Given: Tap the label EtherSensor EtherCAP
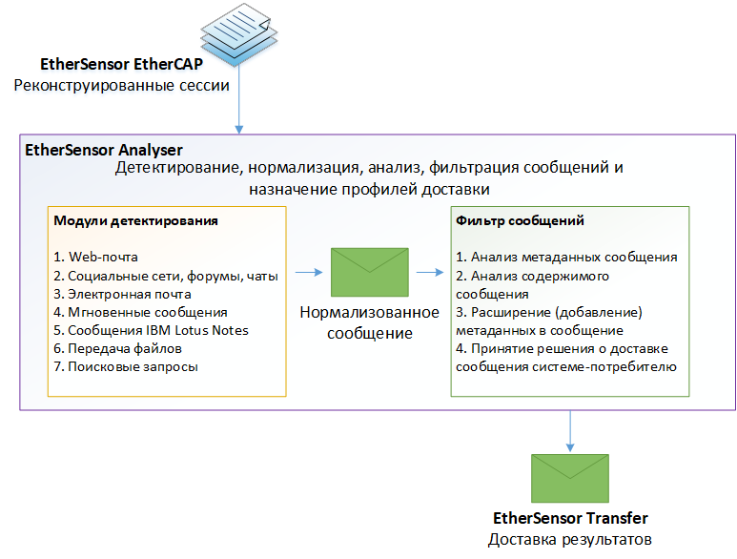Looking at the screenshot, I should pos(121,65).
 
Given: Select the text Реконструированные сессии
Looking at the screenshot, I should pos(121,86).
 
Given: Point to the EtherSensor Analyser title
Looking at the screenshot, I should pos(103,150).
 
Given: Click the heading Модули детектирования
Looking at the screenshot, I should pos(135,220).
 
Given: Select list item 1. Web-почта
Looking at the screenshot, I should pos(96,258).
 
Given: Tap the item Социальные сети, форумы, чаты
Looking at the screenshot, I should pos(166,276).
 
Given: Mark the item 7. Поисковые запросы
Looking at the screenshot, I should pos(126,366).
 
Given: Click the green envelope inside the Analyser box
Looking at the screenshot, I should pos(369,273).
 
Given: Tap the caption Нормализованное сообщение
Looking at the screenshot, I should pos(369,322).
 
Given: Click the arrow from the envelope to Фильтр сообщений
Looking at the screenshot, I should pos(430,273).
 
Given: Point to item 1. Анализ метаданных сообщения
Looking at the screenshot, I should pos(566,257).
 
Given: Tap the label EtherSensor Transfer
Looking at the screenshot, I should pos(570,518).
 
